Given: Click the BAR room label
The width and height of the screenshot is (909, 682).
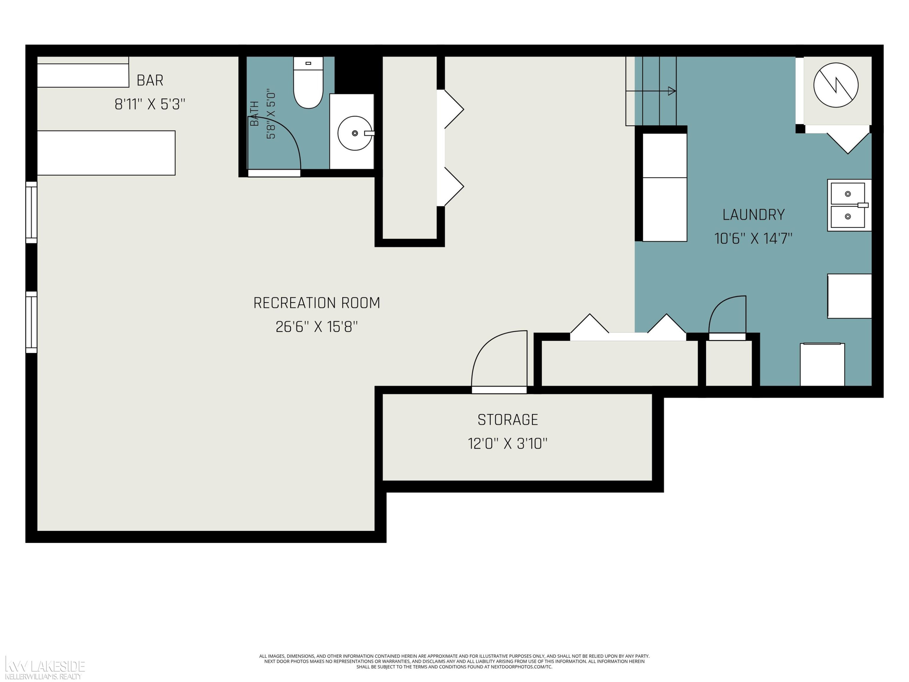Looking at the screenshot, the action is click(150, 80).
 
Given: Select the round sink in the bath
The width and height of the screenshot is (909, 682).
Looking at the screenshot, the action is click(355, 133).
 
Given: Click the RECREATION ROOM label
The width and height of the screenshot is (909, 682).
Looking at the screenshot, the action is click(316, 303).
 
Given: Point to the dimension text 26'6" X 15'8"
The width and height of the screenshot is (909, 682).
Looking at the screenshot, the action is click(316, 327).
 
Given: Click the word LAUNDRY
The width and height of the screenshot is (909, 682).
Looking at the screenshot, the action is click(753, 215).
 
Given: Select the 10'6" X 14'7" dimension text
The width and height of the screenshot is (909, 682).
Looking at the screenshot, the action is click(753, 239).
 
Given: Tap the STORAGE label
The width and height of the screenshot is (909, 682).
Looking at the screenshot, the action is click(508, 420).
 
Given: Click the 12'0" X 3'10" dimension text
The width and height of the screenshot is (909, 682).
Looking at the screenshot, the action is click(508, 443).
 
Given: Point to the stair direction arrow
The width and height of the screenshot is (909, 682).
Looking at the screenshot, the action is click(651, 91).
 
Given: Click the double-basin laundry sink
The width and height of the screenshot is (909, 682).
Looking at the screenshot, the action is click(849, 205).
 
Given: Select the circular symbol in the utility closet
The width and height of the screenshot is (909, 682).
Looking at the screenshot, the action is click(836, 85).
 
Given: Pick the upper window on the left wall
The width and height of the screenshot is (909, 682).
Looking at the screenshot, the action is click(32, 212).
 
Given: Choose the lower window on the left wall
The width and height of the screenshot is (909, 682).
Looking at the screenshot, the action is click(32, 322).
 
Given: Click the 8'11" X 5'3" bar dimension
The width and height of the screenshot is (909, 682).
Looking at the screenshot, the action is click(150, 104).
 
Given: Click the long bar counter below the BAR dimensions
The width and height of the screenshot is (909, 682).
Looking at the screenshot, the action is click(106, 153).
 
